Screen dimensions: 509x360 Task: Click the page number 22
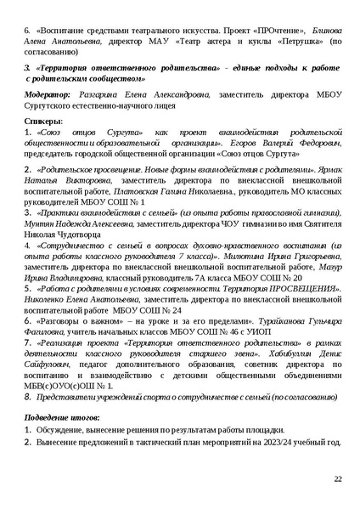[x=337, y=479]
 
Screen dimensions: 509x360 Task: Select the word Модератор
[x=50, y=95]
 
